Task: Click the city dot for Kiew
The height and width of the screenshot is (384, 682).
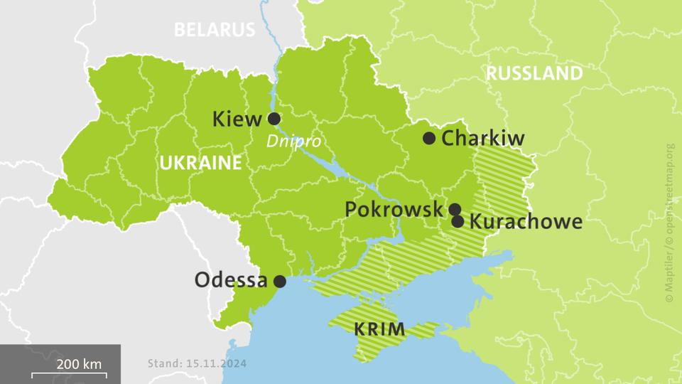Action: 274,119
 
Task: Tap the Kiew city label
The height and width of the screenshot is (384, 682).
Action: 237,119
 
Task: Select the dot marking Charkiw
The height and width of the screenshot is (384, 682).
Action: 429,138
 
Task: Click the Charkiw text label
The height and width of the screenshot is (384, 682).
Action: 483,138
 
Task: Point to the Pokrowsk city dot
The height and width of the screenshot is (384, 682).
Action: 455,209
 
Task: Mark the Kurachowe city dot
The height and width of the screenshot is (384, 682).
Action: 458,221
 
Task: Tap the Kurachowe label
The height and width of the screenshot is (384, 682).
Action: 526,221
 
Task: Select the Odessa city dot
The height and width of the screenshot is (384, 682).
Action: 280,282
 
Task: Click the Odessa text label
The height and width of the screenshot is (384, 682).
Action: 231,280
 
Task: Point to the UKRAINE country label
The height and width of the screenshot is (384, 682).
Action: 200,163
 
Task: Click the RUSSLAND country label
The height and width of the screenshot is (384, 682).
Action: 535,73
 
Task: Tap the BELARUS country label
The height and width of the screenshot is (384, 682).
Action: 214,30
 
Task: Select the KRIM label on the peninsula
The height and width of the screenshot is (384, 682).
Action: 379,329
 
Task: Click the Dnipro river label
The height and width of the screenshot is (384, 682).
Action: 293,142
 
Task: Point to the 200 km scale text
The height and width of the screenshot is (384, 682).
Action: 79,364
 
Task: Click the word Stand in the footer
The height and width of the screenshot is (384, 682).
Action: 163,363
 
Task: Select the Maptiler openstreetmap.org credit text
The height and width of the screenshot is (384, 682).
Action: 669,224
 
